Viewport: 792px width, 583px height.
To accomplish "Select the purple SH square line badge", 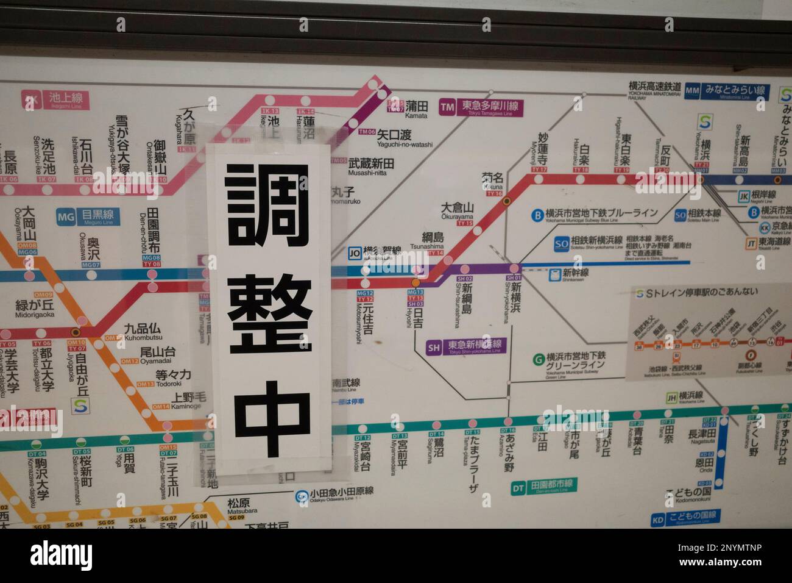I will [434, 348].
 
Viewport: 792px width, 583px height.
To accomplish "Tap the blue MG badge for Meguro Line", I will [66, 216].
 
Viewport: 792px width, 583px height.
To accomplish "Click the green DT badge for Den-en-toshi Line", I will [518, 487].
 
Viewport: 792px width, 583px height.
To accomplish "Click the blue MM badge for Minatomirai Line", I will [692, 90].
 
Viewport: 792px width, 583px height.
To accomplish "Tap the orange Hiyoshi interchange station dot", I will [415, 283].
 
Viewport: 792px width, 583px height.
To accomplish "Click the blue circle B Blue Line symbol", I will [537, 214].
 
